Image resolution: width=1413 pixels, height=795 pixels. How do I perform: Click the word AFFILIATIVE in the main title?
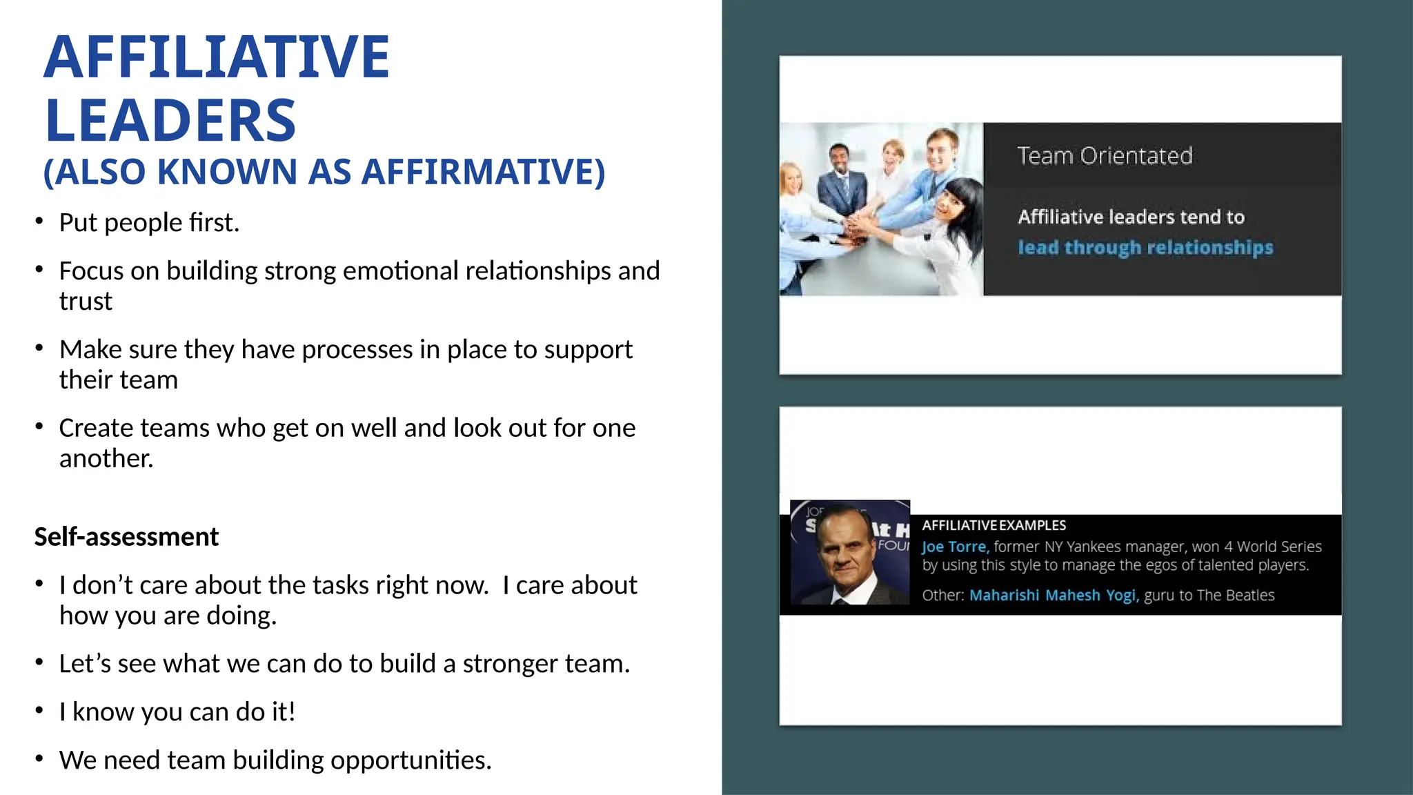click(217, 57)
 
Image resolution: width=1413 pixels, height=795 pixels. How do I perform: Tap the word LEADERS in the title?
click(170, 121)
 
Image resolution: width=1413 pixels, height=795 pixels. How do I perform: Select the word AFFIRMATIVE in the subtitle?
click(483, 172)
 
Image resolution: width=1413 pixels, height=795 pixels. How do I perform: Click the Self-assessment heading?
click(126, 537)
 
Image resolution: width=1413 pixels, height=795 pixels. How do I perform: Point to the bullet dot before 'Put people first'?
click(39, 222)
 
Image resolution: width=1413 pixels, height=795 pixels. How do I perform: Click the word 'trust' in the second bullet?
click(86, 302)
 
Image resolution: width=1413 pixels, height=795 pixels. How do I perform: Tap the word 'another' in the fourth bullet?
click(105, 459)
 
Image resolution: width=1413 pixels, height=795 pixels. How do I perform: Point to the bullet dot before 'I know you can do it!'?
click(39, 710)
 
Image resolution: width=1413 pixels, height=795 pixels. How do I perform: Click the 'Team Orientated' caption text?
click(1105, 156)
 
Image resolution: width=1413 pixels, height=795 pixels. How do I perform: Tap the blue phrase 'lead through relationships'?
click(1145, 247)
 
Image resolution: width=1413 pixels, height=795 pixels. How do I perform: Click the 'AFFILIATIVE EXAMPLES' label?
click(994, 526)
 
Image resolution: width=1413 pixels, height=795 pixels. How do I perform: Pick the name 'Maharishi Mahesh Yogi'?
click(1052, 596)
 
